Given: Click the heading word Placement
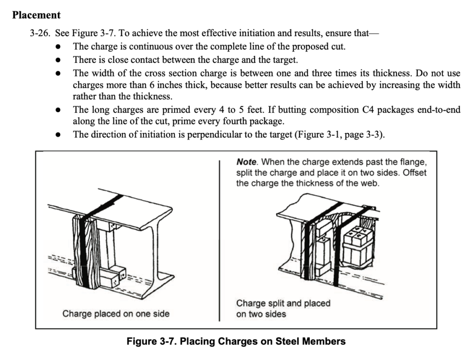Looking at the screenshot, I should click(36, 15).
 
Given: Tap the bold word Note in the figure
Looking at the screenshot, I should click(246, 162).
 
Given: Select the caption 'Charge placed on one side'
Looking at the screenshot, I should click(116, 314).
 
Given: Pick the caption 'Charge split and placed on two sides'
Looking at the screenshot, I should click(283, 309).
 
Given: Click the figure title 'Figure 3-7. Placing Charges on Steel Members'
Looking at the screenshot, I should click(236, 342).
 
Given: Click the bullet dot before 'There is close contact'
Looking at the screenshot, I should click(58, 60).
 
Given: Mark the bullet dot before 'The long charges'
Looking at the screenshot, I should click(58, 111).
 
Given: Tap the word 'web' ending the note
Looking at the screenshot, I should click(370, 183).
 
